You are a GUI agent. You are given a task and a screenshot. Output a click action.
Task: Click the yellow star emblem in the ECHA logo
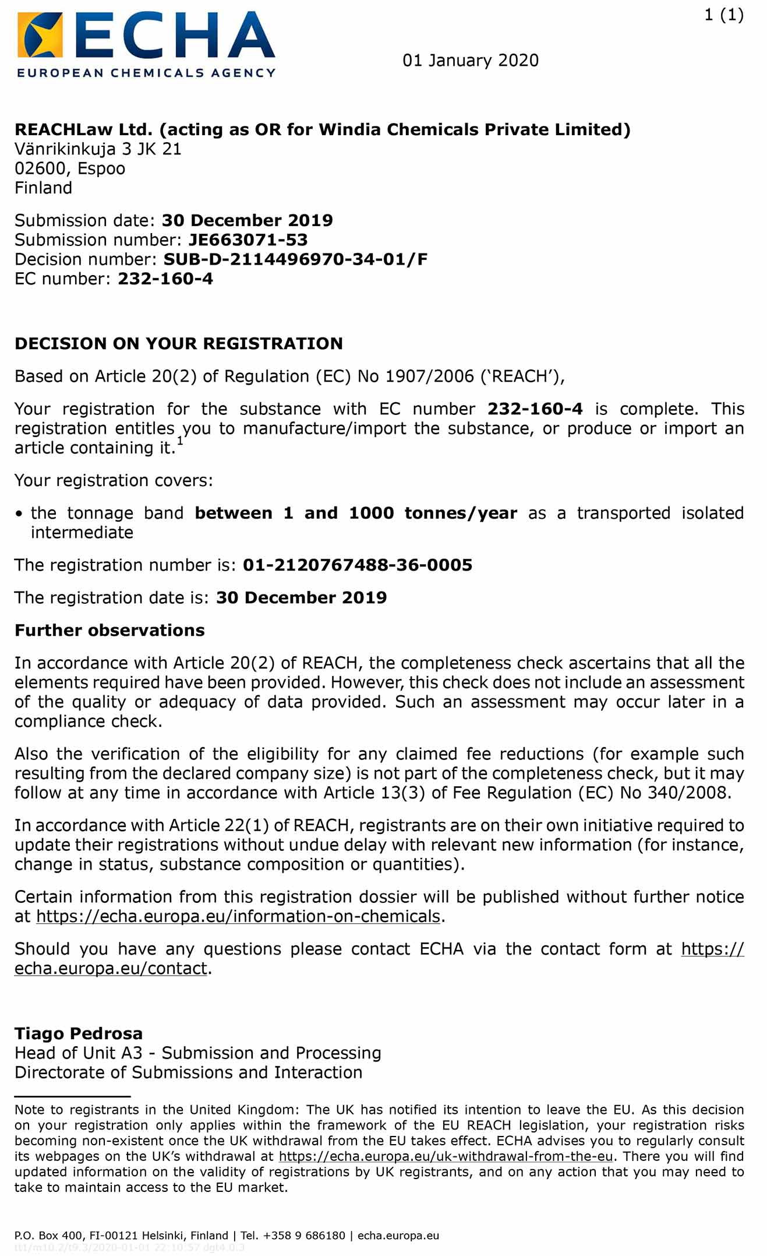tap(40, 35)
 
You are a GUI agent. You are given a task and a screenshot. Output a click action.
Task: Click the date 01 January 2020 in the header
tap(470, 61)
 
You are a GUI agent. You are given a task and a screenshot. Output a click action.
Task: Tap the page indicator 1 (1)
tap(723, 15)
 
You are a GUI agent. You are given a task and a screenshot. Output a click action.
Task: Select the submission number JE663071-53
tap(248, 240)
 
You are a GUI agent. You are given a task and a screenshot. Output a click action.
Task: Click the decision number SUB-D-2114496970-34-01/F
tap(295, 259)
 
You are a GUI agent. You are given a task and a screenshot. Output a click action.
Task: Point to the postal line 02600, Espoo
tap(70, 168)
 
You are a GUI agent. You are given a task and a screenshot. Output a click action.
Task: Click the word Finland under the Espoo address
tap(44, 188)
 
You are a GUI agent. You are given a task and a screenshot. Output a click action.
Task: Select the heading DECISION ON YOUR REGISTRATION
tap(179, 343)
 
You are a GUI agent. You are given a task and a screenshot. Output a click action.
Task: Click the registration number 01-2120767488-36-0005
tap(358, 565)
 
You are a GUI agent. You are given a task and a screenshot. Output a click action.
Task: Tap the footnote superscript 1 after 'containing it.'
tap(180, 441)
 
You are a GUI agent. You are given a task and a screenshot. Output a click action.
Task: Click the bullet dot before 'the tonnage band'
tap(19, 513)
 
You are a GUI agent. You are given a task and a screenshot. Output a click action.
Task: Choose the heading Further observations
tap(109, 630)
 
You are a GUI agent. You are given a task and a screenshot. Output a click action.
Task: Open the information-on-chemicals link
tap(238, 916)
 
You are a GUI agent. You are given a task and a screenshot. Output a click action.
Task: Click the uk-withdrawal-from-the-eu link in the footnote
tap(446, 1156)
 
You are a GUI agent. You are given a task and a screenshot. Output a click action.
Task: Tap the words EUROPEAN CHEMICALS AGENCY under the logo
tap(146, 73)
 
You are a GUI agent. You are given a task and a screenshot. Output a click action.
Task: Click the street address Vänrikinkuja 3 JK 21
tap(98, 149)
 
